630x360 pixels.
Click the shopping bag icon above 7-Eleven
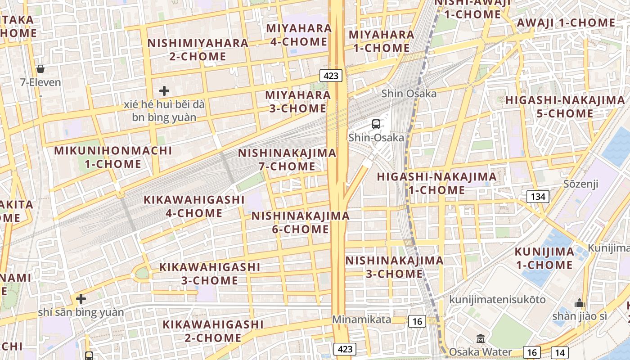(x=40, y=69)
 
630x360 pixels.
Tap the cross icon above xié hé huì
(x=164, y=91)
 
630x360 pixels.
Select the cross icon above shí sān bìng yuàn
(x=81, y=298)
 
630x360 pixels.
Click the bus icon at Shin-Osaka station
(x=376, y=124)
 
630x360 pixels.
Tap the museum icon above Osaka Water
(x=481, y=338)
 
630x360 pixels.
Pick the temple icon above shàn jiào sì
(x=580, y=303)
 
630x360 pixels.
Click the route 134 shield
(x=538, y=196)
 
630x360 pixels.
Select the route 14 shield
(x=559, y=352)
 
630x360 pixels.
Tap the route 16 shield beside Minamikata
(x=417, y=321)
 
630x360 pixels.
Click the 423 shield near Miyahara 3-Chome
(x=331, y=76)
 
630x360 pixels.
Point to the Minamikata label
(x=362, y=319)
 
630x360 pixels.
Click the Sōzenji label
(x=581, y=184)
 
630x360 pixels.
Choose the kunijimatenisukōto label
(x=498, y=299)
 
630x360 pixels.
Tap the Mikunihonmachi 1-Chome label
(x=113, y=157)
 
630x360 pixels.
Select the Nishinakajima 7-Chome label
(x=287, y=159)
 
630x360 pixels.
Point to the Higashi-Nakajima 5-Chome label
(x=565, y=107)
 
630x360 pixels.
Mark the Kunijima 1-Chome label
(x=544, y=258)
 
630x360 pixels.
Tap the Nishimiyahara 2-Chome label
(x=198, y=49)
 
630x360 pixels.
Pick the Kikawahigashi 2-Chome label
(x=213, y=331)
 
